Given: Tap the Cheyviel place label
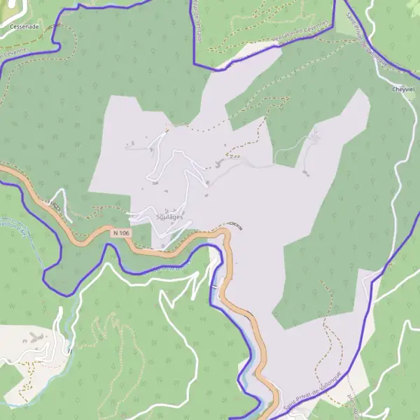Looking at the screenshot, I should [404, 90].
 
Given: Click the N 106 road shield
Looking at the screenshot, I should [121, 232].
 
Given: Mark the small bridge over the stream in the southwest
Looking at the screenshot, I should [70, 350].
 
